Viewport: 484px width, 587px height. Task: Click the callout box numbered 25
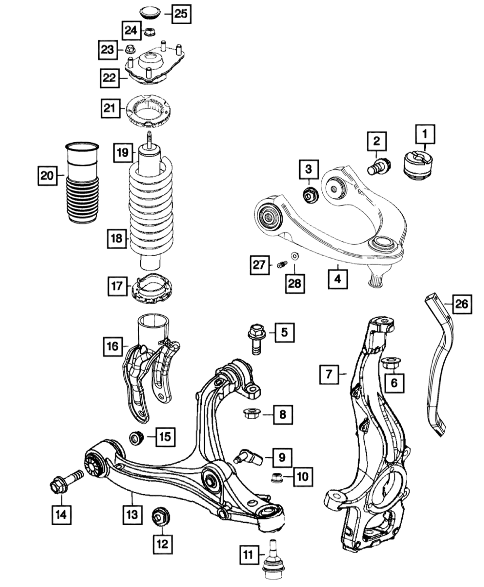pyautogui.click(x=180, y=14)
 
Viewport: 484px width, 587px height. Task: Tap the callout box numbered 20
pyautogui.click(x=47, y=176)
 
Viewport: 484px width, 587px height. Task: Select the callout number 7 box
pyautogui.click(x=329, y=374)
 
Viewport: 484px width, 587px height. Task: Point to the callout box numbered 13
pyautogui.click(x=132, y=514)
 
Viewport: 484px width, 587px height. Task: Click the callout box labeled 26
pyautogui.click(x=461, y=303)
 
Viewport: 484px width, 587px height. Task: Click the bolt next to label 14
pyautogui.click(x=65, y=482)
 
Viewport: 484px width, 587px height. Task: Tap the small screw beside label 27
pyautogui.click(x=283, y=264)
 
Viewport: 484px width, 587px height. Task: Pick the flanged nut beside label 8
pyautogui.click(x=251, y=413)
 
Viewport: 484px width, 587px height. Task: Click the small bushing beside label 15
pyautogui.click(x=135, y=438)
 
